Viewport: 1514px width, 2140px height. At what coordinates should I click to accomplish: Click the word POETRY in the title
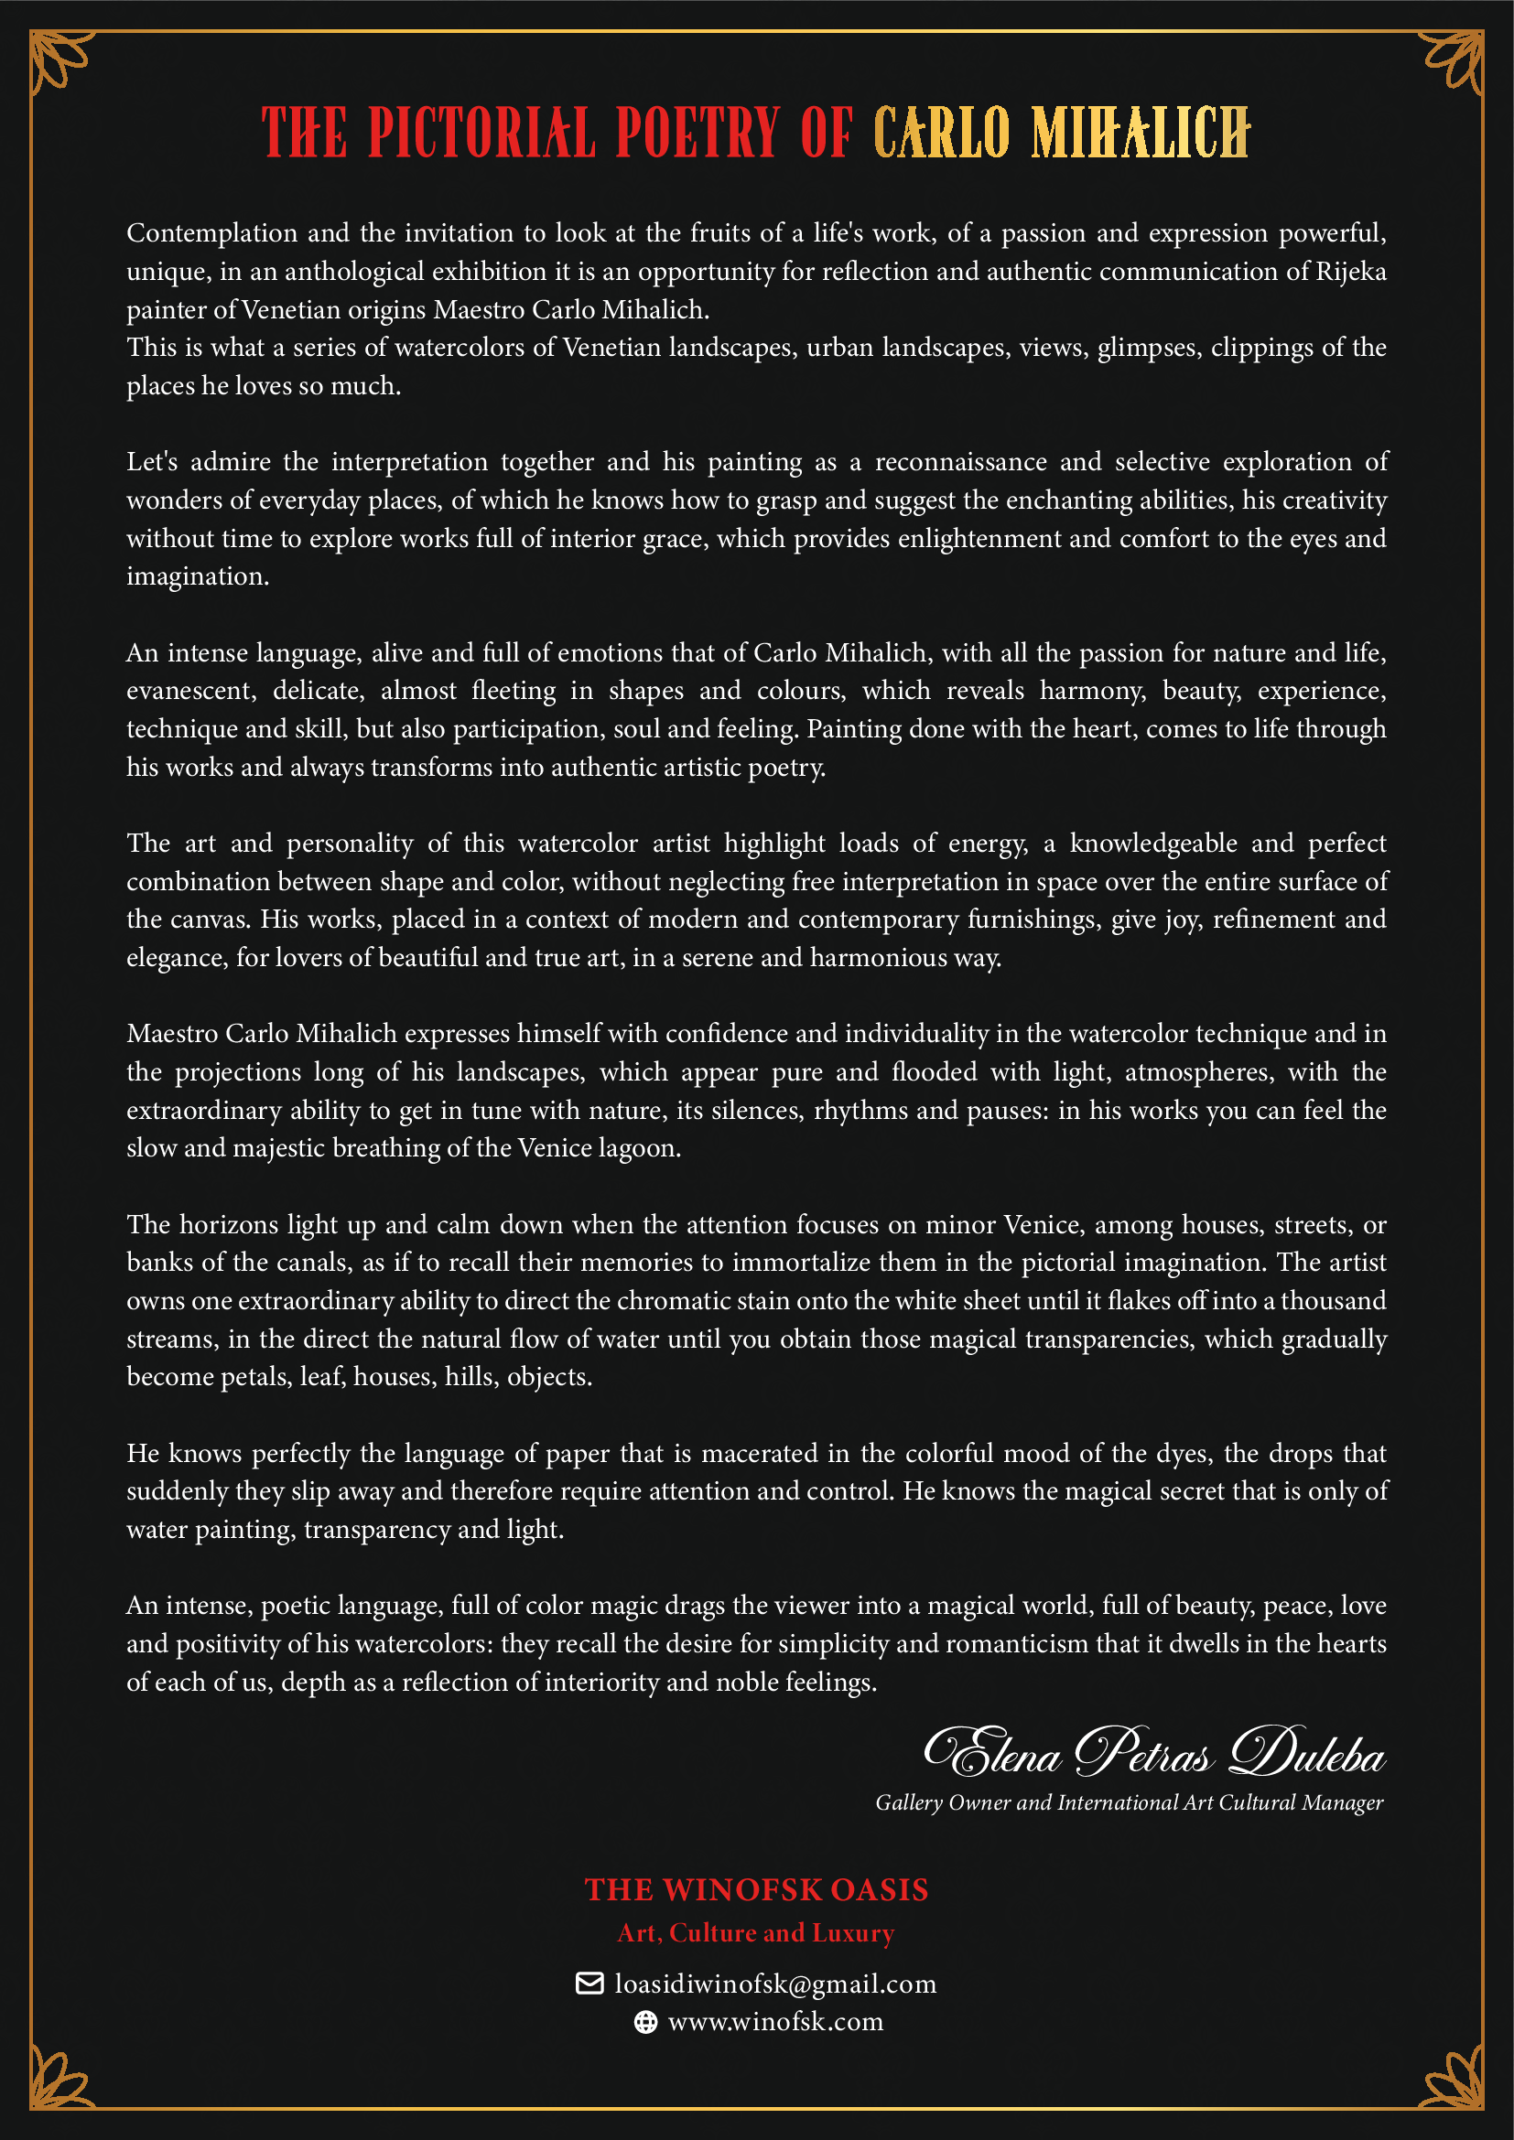[x=698, y=133]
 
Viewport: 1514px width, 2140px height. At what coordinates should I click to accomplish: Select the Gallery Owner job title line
[x=1128, y=1802]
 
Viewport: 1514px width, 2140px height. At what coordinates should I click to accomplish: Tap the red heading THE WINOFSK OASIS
[x=756, y=1889]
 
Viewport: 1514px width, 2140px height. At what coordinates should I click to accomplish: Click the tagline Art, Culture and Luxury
[x=756, y=1933]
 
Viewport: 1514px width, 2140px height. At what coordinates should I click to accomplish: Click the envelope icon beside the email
[x=589, y=1984]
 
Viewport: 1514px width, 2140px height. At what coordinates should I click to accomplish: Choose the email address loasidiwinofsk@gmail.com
[x=774, y=1984]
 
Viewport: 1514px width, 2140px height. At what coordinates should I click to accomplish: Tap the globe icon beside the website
[x=645, y=2022]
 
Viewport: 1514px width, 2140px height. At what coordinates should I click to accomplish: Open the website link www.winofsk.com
[x=774, y=2022]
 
